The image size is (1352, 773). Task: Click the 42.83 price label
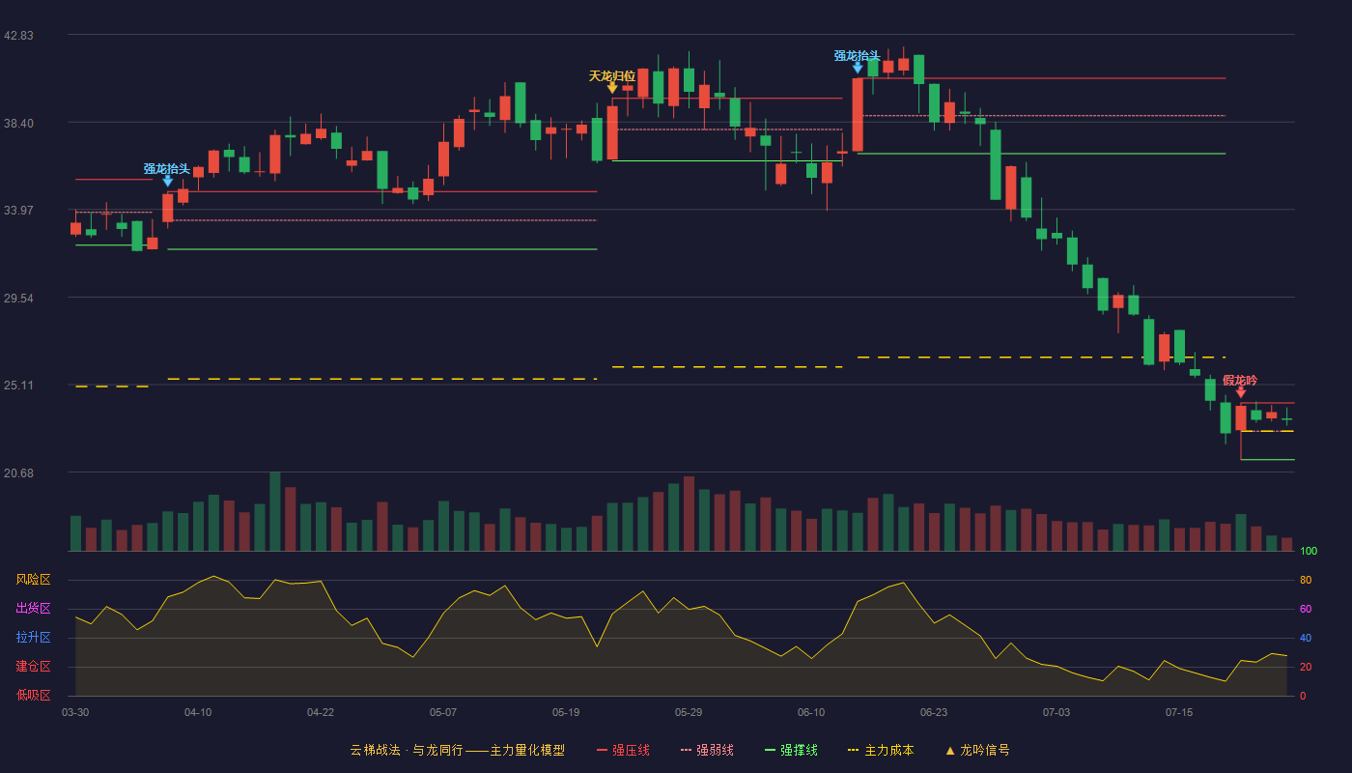[x=18, y=36]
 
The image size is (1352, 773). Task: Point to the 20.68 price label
[x=18, y=472]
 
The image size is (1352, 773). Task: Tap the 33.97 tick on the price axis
[x=18, y=211]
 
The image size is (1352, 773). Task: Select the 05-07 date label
[x=443, y=713]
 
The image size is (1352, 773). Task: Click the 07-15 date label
[x=1179, y=713]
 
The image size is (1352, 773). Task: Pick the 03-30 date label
[x=75, y=713]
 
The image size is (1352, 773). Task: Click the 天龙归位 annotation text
[x=612, y=76]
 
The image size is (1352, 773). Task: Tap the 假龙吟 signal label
[x=1240, y=381]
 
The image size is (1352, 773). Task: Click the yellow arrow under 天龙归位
[x=612, y=88]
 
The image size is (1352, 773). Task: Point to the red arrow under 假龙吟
[x=1241, y=392]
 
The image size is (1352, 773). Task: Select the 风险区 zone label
[x=33, y=580]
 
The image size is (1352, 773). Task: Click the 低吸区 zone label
[x=33, y=695]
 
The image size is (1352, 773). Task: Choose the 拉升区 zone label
[x=33, y=637]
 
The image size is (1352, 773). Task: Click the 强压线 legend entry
[x=623, y=750]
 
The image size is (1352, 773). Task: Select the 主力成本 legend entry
[x=881, y=750]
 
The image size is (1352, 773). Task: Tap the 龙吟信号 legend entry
[x=977, y=750]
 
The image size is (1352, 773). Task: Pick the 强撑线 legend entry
[x=791, y=750]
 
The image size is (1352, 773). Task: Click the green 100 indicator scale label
[x=1309, y=551]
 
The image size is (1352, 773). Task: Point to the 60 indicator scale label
[x=1306, y=609]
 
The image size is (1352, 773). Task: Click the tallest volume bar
[x=274, y=511]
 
